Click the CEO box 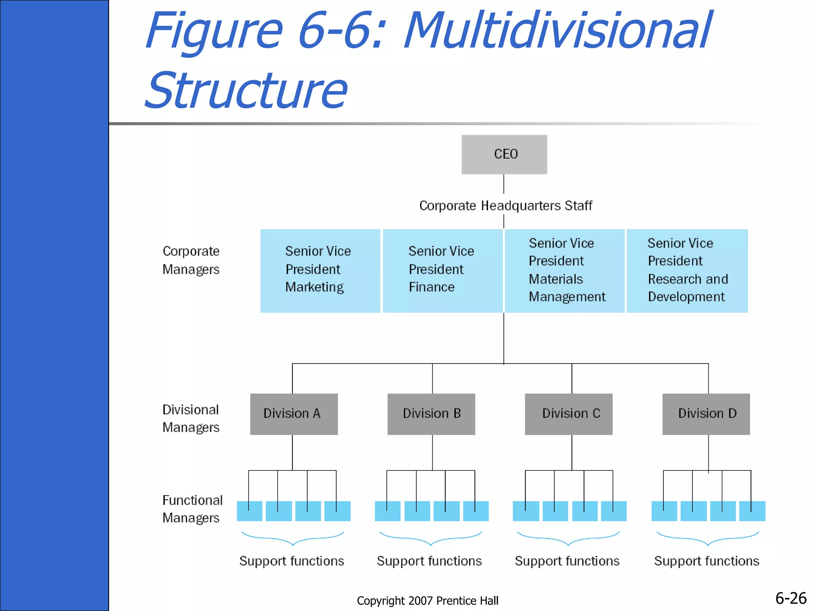[x=504, y=154]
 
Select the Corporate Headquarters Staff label [x=505, y=206]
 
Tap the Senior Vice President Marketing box [x=320, y=270]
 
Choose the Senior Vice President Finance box [x=443, y=270]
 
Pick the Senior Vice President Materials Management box [x=564, y=270]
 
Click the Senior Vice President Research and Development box [x=687, y=270]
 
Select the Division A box [x=294, y=414]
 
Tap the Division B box [x=431, y=414]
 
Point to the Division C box [x=568, y=414]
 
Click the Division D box [x=706, y=414]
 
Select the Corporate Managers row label [x=191, y=260]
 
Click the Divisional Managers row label [x=191, y=418]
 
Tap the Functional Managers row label [x=192, y=509]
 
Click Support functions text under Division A [x=291, y=561]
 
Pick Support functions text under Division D [x=706, y=561]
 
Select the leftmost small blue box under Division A [x=250, y=511]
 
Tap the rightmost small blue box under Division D [x=752, y=511]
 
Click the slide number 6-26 [x=791, y=598]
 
